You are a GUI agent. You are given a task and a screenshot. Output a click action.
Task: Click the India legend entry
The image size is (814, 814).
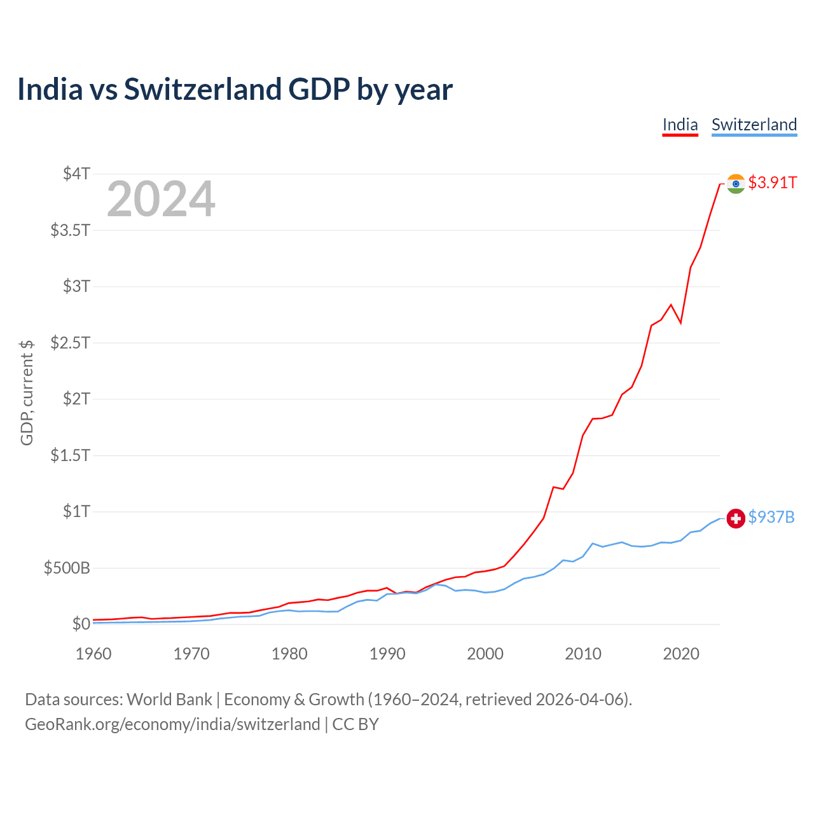pos(680,125)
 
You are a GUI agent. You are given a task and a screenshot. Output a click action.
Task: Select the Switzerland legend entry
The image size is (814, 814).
pos(754,125)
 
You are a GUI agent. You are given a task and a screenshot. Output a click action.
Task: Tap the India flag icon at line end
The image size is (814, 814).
pos(736,184)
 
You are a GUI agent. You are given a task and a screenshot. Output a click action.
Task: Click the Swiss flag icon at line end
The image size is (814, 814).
pos(736,518)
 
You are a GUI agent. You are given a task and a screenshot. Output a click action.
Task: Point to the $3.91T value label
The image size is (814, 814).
pos(772,183)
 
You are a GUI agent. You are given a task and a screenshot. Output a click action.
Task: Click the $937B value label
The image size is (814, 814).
pos(771,517)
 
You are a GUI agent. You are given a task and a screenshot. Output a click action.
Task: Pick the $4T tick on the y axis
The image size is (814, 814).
pos(76,174)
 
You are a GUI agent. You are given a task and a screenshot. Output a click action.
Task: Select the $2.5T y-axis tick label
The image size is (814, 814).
pos(70,343)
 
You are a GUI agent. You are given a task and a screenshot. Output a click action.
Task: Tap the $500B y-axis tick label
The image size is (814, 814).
pos(67,568)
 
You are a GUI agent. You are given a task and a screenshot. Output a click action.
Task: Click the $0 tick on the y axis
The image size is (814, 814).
pos(81,624)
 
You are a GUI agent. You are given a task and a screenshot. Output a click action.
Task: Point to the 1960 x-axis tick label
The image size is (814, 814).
pos(93,654)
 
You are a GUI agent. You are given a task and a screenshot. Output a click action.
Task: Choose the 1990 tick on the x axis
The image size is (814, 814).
pos(387,654)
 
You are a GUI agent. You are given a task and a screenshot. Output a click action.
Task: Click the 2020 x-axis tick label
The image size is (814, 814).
pos(681,654)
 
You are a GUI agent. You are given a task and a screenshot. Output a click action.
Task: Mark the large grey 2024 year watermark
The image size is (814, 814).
pos(161,200)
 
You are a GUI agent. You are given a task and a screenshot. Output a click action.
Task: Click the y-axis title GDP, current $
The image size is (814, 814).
pos(27,392)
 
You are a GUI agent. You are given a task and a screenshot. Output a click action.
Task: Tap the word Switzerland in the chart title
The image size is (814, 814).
pos(203,89)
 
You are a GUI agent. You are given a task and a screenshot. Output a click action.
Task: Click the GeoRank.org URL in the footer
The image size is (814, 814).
pos(172,724)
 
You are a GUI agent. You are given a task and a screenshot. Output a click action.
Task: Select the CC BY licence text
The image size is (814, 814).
pos(355,724)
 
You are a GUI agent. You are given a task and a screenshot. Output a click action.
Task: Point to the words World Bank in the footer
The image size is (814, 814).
pos(169,700)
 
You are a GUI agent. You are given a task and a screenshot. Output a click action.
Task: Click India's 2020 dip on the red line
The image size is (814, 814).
pos(680,323)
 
